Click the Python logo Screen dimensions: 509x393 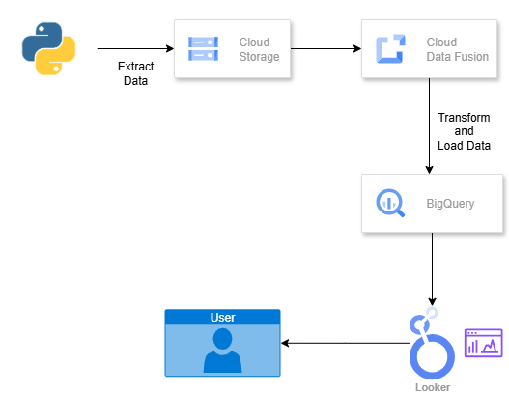[48, 48]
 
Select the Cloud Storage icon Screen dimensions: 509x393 [203, 49]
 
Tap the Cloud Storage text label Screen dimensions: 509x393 [259, 49]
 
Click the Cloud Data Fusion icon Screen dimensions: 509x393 [390, 48]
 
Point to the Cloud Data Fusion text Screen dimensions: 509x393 [458, 49]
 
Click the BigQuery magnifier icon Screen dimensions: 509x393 [390, 203]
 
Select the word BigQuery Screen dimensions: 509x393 [450, 204]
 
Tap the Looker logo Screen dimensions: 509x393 [432, 343]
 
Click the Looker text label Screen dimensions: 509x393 [433, 387]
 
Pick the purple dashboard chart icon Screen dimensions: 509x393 [483, 343]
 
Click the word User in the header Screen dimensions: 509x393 [223, 318]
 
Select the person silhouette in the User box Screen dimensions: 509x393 [223, 351]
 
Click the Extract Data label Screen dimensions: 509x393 [135, 73]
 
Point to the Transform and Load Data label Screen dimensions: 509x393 [464, 131]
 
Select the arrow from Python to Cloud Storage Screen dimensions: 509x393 [135, 48]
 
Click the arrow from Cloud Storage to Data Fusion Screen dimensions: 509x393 [325, 48]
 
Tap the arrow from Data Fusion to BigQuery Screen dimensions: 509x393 [429, 126]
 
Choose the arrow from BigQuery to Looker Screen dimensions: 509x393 [432, 269]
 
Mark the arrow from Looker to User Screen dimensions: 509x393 [345, 343]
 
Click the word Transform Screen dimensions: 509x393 [464, 118]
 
